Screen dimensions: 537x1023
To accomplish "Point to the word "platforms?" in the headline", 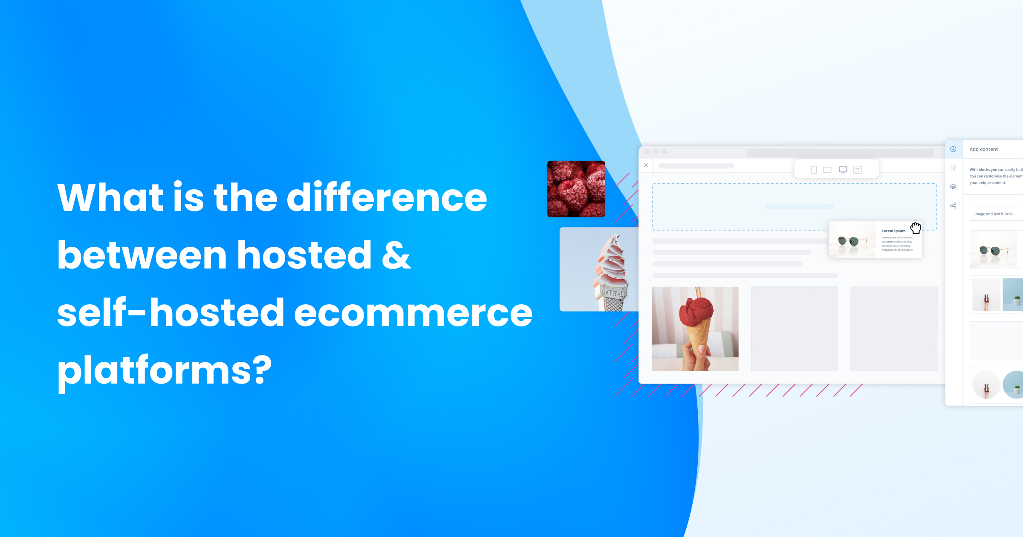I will pos(165,370).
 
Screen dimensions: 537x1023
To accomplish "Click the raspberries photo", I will pos(576,189).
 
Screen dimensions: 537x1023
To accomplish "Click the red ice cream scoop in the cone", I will pos(699,312).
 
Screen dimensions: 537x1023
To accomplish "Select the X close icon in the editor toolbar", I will pos(646,165).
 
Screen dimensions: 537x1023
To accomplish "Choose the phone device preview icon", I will pos(814,170).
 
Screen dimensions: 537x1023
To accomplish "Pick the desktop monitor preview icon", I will pos(843,170).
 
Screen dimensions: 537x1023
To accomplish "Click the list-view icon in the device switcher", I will pos(858,170).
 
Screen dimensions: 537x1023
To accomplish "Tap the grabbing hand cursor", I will pos(916,228).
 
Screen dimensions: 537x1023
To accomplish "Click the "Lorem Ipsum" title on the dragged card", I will pos(893,231).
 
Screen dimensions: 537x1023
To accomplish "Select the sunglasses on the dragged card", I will pos(851,241).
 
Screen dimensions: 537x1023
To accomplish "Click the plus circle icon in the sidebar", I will pos(954,149).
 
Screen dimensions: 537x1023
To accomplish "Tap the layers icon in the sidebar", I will pos(954,187).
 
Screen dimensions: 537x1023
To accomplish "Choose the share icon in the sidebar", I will pos(954,205).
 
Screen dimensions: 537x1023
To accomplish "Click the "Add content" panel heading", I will pos(983,149).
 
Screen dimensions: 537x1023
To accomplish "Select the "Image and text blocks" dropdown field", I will pos(995,214).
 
